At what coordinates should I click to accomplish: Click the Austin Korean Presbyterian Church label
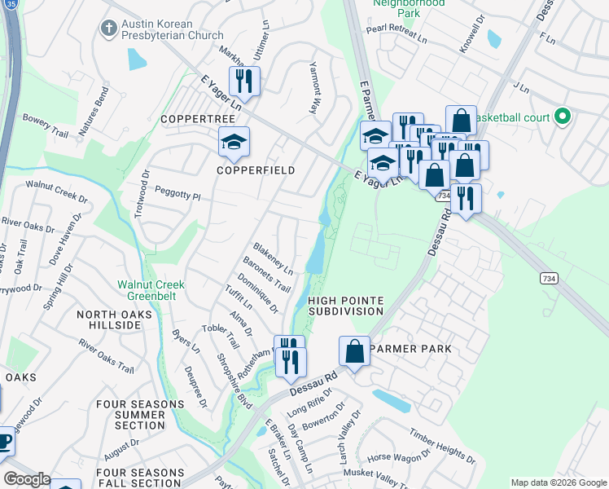point(173,29)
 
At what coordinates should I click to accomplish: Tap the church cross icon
point(108,29)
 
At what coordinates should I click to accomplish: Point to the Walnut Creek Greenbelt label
point(151,290)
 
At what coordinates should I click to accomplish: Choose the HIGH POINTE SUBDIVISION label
point(346,306)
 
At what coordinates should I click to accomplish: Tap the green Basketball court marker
point(561,117)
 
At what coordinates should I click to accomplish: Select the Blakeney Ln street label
point(272,258)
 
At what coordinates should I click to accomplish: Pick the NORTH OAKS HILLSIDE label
point(109,319)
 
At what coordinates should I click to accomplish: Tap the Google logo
point(27,479)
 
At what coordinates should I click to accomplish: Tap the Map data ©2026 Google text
point(558,482)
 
